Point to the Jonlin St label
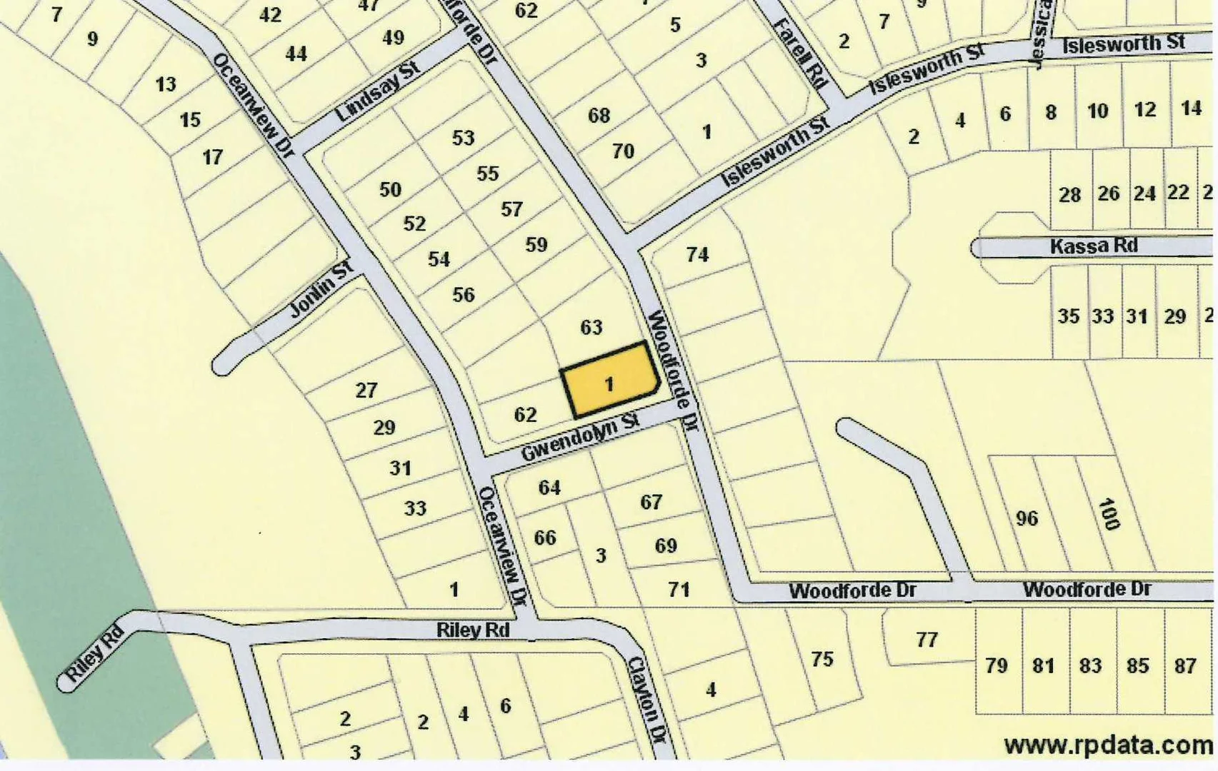point(322,290)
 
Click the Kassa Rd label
point(1093,246)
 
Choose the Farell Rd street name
point(800,53)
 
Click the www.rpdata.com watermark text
point(1108,745)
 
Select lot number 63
point(591,327)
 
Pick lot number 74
point(697,254)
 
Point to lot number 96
point(1027,518)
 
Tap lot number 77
point(927,639)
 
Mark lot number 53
point(463,137)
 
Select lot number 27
point(366,390)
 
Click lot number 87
point(1185,665)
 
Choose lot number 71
point(679,589)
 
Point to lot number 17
point(212,157)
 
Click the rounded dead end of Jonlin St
point(224,364)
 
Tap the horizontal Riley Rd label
point(473,630)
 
